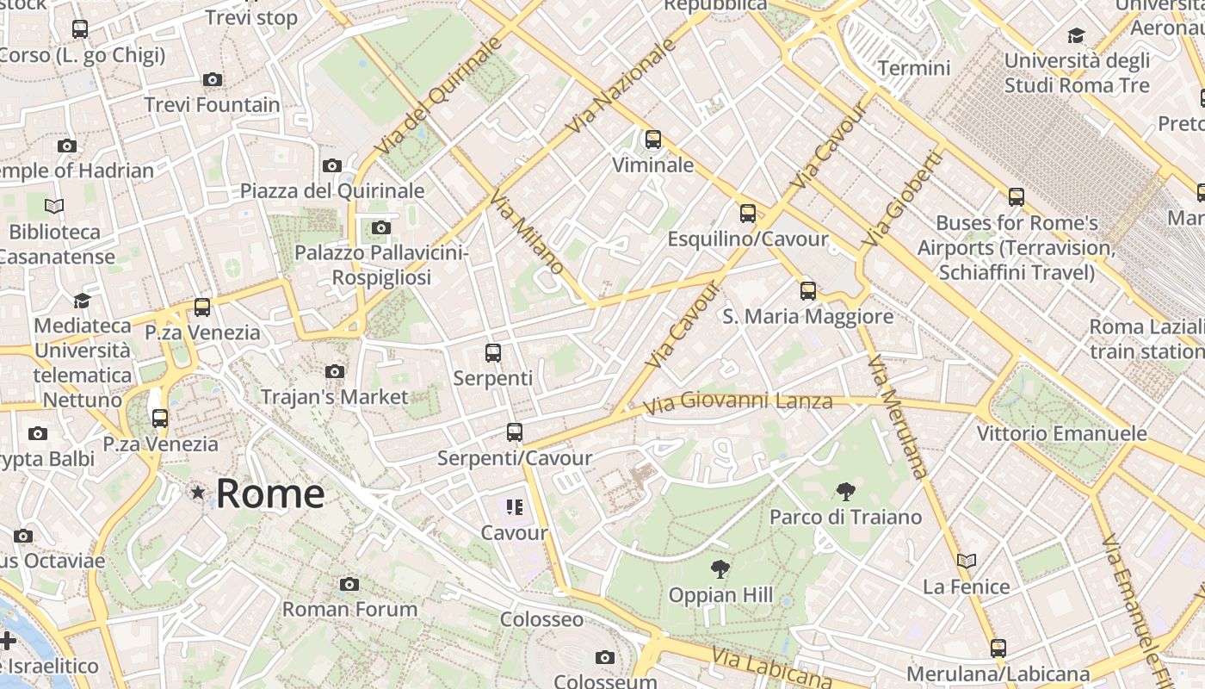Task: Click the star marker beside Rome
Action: (199, 493)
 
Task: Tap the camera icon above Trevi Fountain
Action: (213, 80)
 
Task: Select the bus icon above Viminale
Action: (653, 139)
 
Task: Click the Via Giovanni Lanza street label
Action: (738, 401)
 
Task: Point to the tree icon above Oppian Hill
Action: (720, 568)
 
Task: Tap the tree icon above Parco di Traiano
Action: (845, 492)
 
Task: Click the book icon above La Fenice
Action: (967, 561)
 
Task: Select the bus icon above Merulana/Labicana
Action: (998, 648)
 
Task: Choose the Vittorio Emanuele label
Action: (1061, 433)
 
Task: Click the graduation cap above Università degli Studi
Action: (1076, 35)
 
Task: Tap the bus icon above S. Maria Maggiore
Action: (807, 290)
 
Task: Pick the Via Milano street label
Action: (527, 233)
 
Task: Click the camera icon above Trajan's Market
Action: (335, 371)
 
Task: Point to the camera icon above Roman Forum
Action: (349, 584)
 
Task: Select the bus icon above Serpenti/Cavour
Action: (515, 432)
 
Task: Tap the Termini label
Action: (914, 68)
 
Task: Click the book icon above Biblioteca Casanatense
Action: (54, 206)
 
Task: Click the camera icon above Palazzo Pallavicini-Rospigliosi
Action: (380, 227)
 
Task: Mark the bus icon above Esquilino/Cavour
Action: (748, 213)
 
